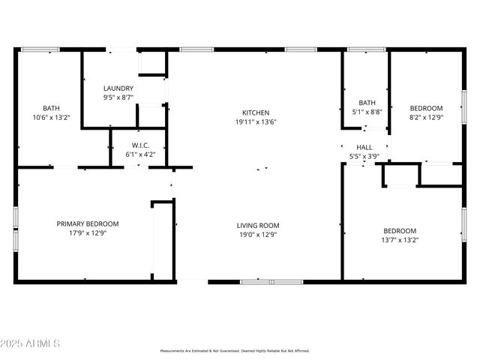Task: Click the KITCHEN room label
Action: (x=255, y=112)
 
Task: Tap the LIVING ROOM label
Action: (x=258, y=225)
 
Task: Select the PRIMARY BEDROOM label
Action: (x=88, y=223)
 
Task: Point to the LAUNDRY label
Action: (x=118, y=88)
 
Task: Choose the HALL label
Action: (x=364, y=148)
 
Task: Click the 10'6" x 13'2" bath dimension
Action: (x=51, y=117)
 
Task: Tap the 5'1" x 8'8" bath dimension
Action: (x=367, y=112)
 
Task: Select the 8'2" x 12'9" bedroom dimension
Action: (x=425, y=117)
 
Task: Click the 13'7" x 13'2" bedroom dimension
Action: (x=400, y=240)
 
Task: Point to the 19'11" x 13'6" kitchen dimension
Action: (x=255, y=121)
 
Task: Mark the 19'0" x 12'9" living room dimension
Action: (x=258, y=234)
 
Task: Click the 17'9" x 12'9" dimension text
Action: (x=88, y=232)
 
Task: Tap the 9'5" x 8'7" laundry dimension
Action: (x=118, y=97)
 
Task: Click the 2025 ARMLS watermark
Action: (x=31, y=343)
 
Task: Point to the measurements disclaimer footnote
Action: (x=234, y=350)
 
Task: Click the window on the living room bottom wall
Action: (x=271, y=282)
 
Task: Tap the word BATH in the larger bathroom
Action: (x=51, y=108)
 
